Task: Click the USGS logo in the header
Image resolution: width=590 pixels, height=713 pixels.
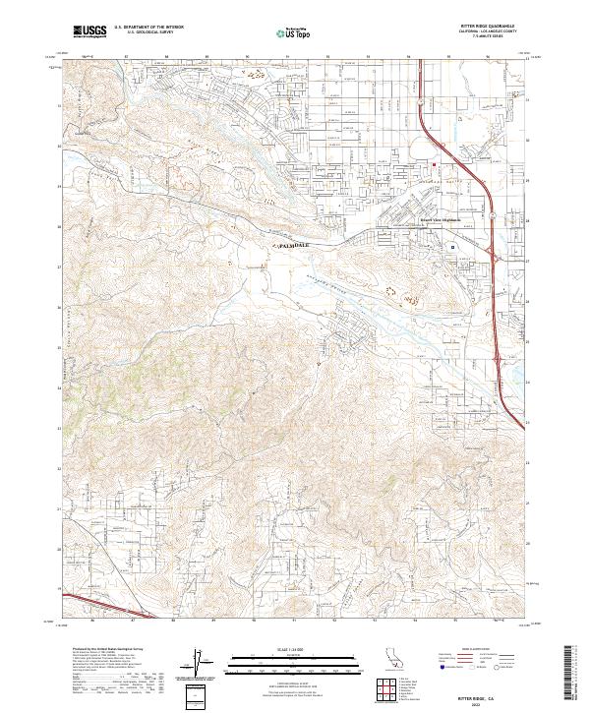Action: pos(88,31)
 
